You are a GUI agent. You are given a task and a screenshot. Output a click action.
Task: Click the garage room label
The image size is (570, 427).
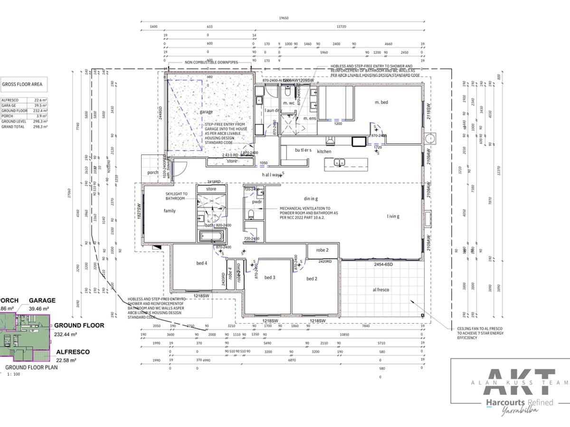click(x=206, y=112)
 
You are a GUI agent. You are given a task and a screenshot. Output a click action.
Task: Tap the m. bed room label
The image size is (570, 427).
click(x=381, y=102)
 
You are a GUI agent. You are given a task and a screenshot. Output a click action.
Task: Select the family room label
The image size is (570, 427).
click(x=170, y=211)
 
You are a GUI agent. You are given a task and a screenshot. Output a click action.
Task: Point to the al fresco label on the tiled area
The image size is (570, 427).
click(x=381, y=289)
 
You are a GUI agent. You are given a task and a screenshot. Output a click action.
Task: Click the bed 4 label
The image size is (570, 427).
click(x=201, y=263)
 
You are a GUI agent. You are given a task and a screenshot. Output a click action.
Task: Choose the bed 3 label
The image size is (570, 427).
click(x=270, y=278)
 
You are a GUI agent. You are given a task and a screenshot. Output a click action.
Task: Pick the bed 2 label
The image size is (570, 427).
click(x=312, y=279)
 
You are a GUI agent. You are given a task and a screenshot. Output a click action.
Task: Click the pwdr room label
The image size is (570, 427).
click(x=256, y=201)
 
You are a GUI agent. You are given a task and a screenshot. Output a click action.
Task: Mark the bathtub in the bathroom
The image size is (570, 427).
click(x=211, y=236)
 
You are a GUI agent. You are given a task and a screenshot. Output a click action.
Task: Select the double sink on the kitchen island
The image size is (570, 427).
click(x=339, y=163)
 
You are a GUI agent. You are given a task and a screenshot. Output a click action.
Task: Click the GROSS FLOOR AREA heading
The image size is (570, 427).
click(x=22, y=84)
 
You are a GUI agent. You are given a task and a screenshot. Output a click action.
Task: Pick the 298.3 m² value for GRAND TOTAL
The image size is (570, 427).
click(x=41, y=127)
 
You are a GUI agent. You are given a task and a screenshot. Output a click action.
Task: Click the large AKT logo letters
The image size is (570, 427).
click(x=519, y=382)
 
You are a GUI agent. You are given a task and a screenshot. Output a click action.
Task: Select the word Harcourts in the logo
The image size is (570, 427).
click(x=502, y=402)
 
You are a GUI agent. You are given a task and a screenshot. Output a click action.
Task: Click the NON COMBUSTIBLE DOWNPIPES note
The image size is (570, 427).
click(x=211, y=63)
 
